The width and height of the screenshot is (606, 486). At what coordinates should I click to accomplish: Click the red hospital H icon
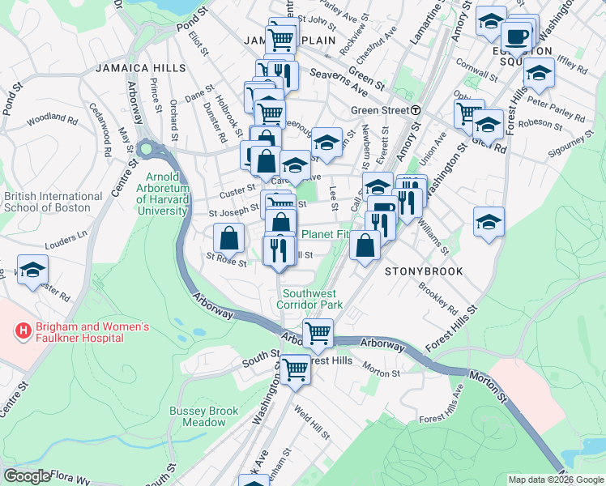click(23, 330)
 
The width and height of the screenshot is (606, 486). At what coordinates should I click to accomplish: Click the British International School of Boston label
click(53, 202)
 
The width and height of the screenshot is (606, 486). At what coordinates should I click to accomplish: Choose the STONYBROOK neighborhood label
click(423, 271)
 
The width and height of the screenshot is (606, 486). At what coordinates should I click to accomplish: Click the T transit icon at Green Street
click(415, 110)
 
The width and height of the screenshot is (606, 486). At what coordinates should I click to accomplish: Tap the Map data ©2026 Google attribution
click(555, 480)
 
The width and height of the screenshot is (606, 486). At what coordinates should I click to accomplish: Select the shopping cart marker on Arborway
click(318, 332)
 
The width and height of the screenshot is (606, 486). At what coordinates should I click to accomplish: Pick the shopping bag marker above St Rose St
click(229, 237)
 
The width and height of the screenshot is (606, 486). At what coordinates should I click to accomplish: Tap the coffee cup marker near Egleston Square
click(515, 36)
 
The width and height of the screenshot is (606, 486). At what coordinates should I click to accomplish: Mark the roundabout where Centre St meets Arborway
click(147, 149)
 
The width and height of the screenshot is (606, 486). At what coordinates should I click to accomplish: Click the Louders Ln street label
click(70, 237)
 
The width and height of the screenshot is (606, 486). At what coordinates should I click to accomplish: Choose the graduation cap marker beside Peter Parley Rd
click(538, 72)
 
